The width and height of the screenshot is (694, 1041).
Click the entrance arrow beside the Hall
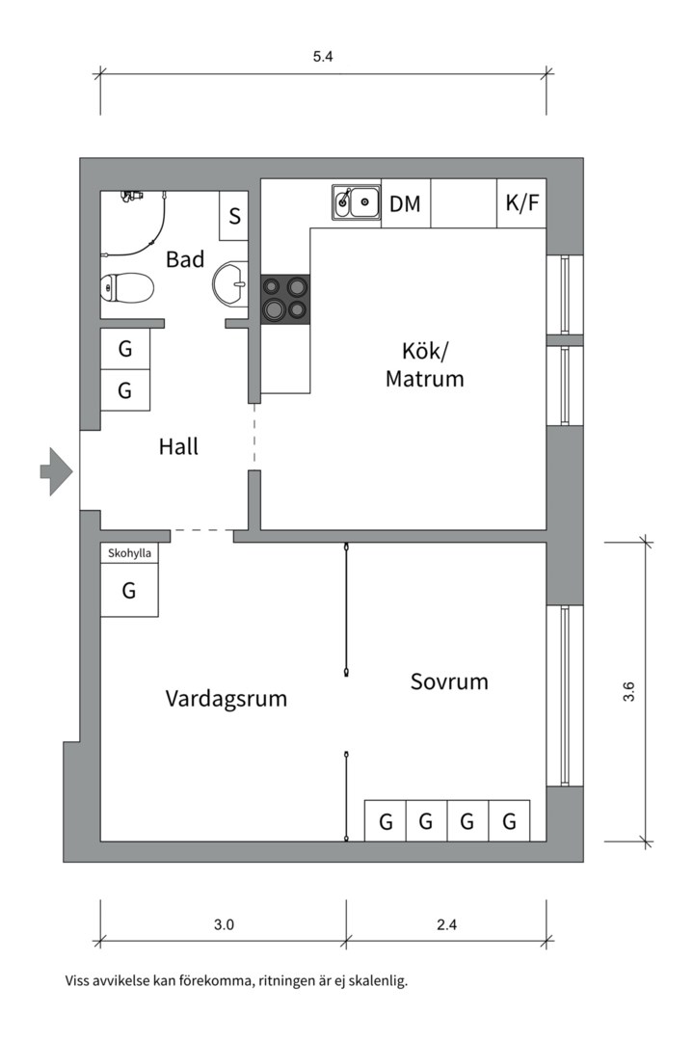coord(56,471)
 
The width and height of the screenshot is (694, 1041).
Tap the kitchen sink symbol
coord(356,202)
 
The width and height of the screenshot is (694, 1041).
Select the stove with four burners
coord(285,298)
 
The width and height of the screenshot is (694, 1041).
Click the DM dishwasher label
coord(405,203)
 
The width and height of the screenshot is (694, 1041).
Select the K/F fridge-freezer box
coord(521,203)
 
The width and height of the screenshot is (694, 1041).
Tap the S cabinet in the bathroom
coord(233,216)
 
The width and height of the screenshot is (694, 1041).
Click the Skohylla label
coord(129,553)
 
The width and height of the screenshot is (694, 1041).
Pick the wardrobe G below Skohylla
coord(129,591)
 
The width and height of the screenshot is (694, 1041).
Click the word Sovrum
coord(449,682)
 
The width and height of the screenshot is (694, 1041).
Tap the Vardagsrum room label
coord(226,698)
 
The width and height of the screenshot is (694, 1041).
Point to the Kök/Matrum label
coord(424,364)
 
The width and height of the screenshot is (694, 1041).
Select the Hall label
coord(178,447)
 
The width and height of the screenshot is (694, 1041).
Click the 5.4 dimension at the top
coord(323,57)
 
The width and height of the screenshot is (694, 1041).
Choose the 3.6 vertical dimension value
coord(628,692)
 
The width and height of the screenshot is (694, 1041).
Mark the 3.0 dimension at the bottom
coord(224,924)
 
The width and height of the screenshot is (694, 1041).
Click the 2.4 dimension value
coord(446,924)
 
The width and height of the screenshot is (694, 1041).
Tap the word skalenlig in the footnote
coord(380,982)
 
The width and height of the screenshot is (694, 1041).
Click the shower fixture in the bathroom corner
coord(131,196)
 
